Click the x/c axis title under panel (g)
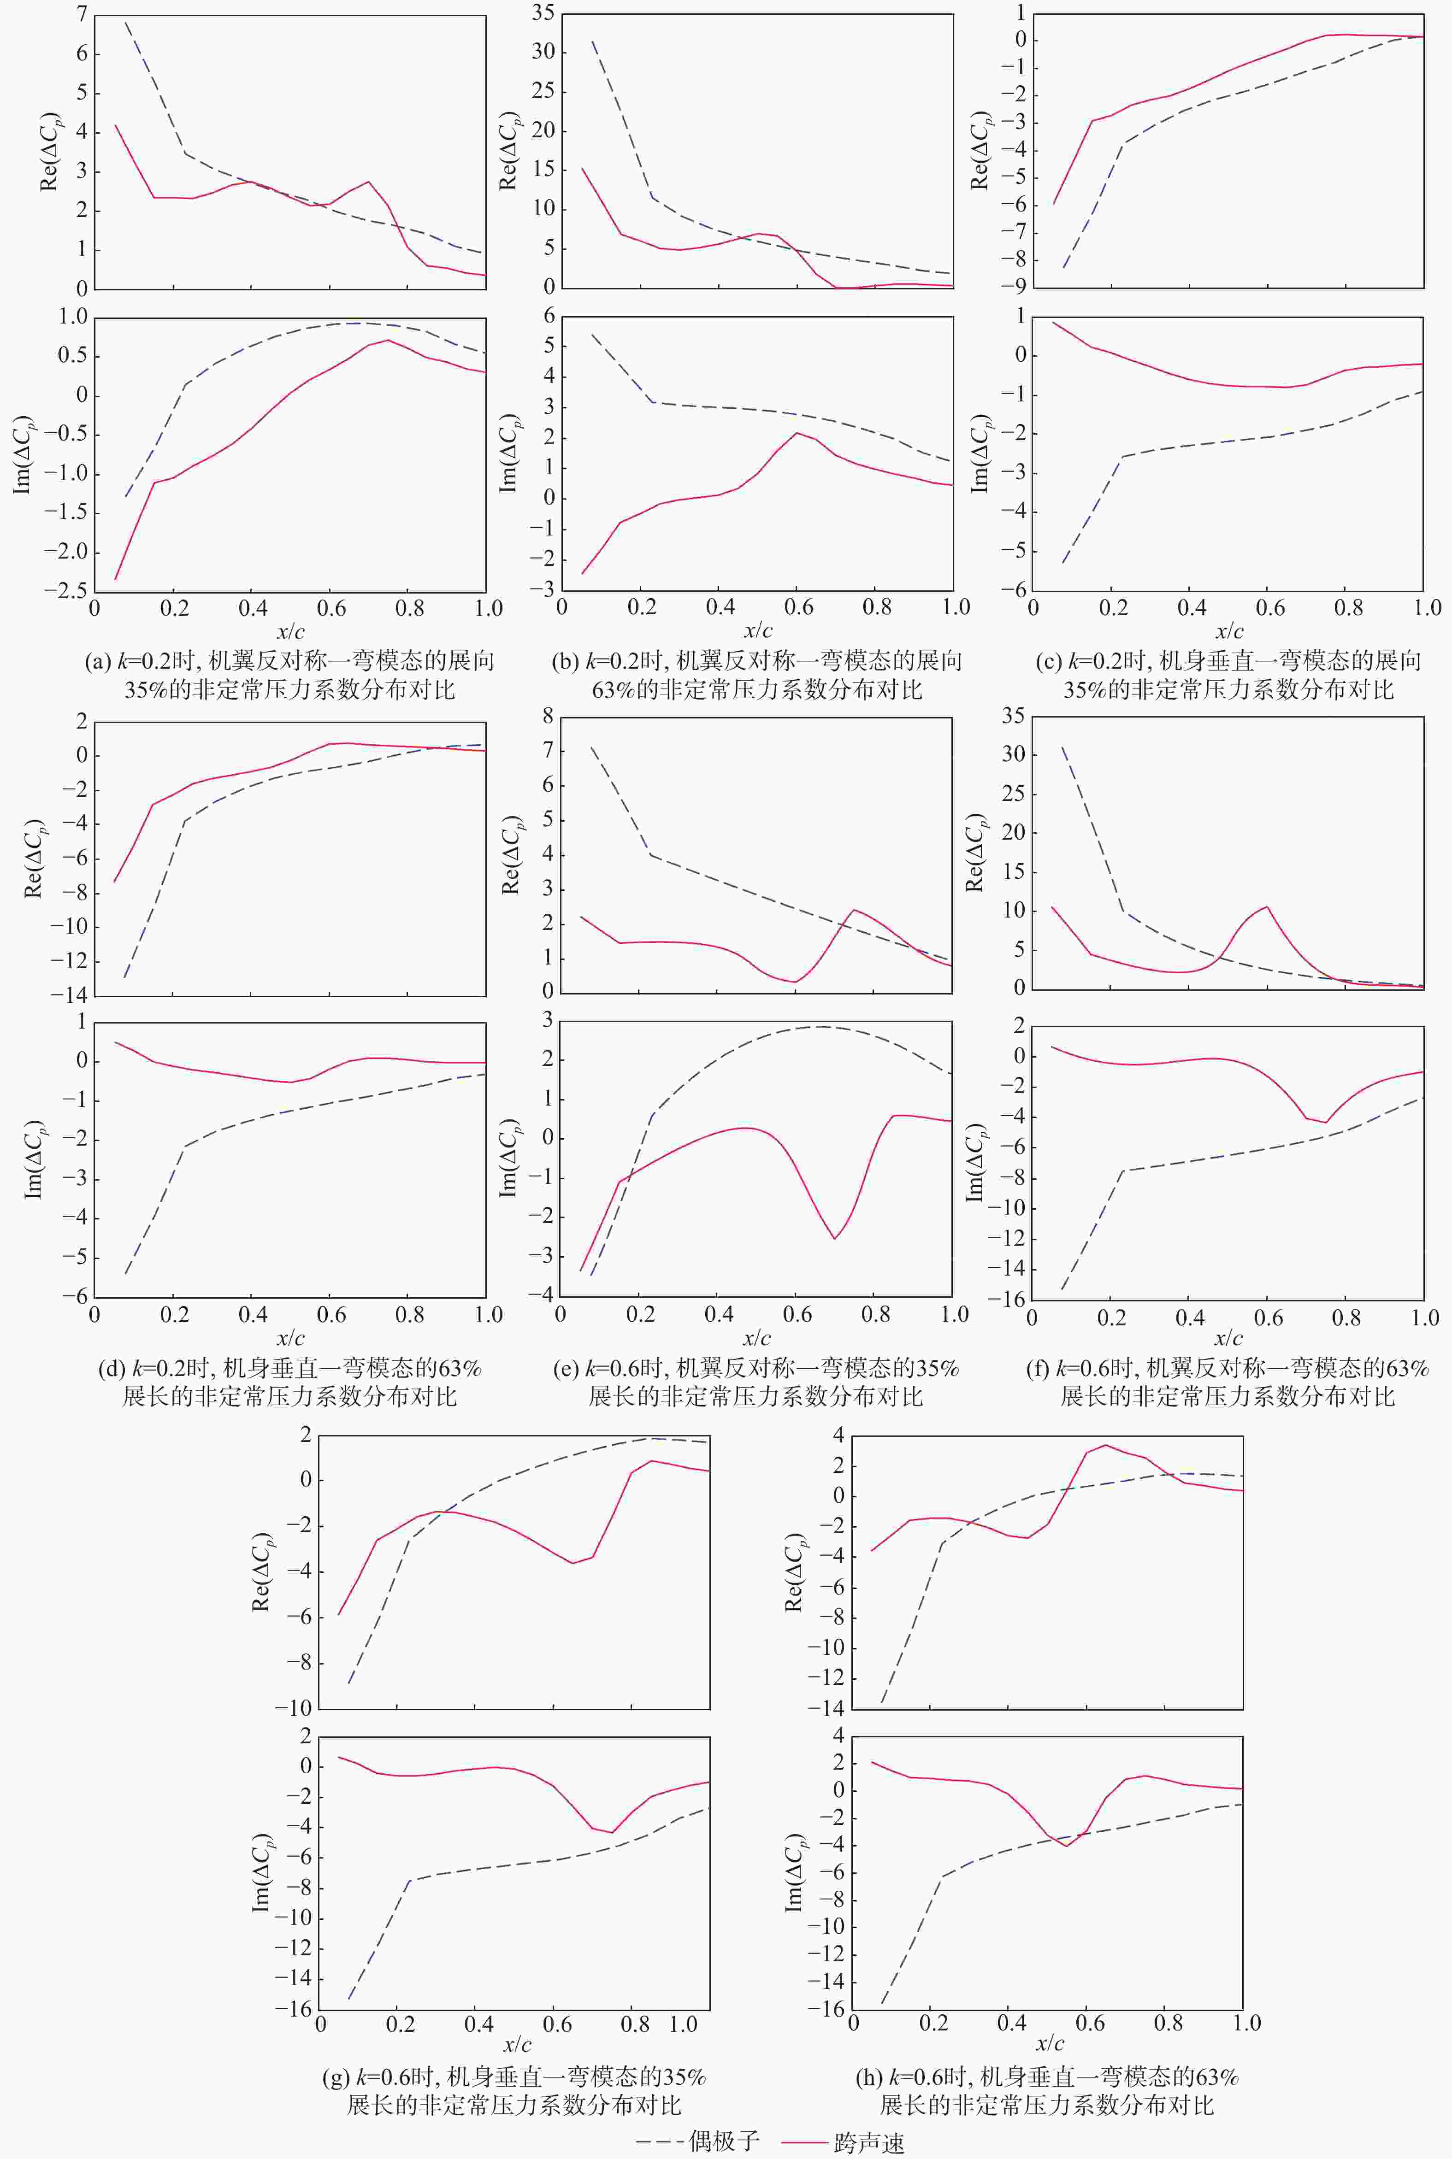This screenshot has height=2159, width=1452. pyautogui.click(x=517, y=2043)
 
